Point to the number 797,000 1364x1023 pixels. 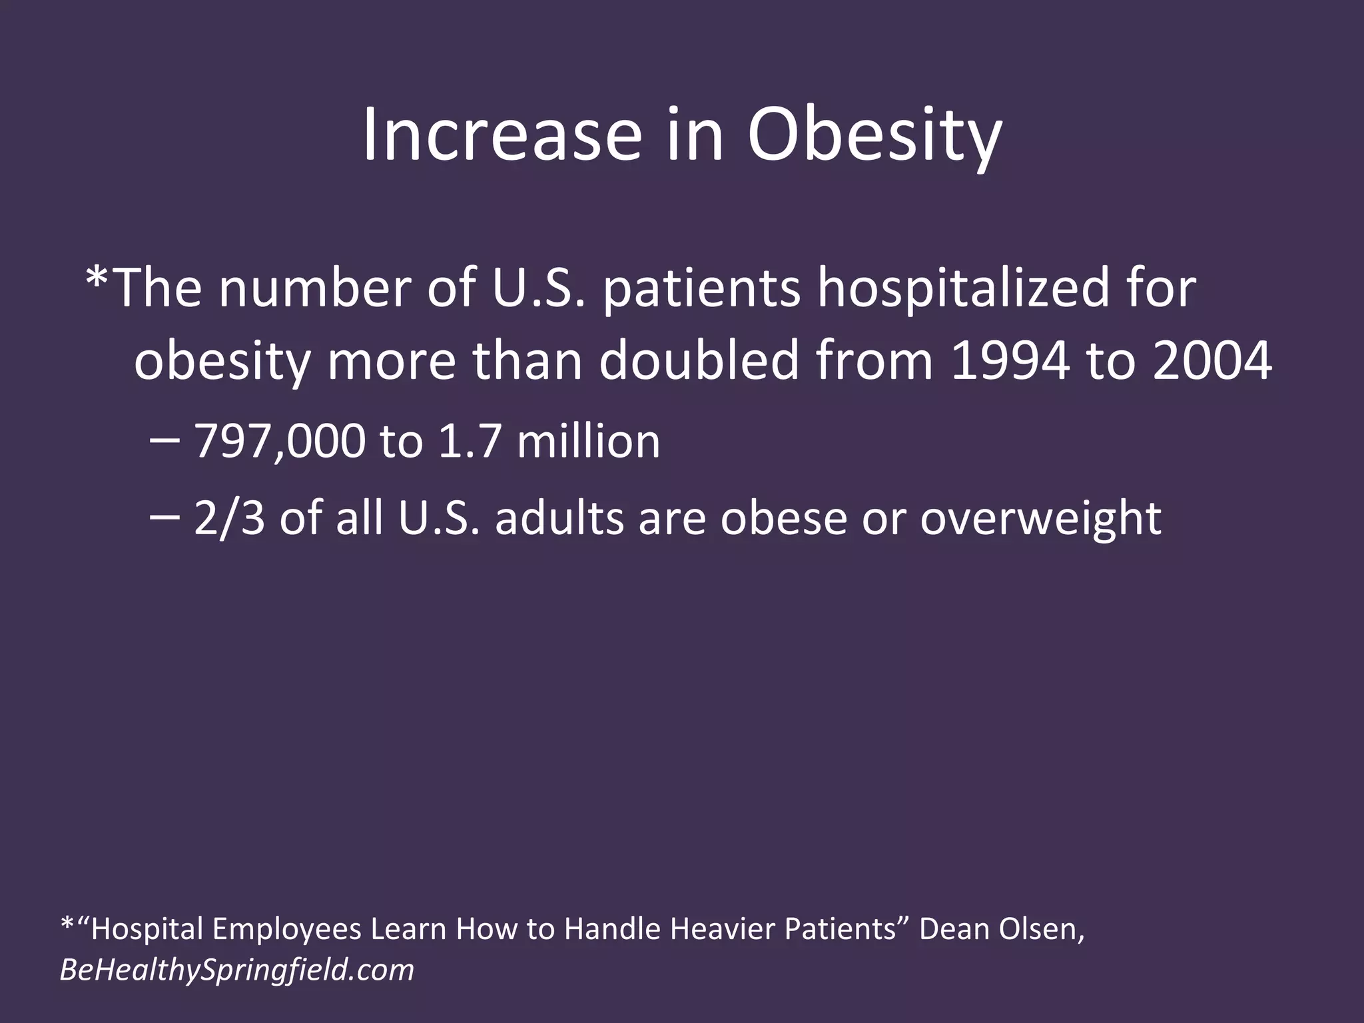coord(280,442)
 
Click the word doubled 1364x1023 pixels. coord(699,362)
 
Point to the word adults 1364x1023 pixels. coord(559,518)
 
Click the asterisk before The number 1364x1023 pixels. coord(97,280)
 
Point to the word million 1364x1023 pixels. coord(588,442)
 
